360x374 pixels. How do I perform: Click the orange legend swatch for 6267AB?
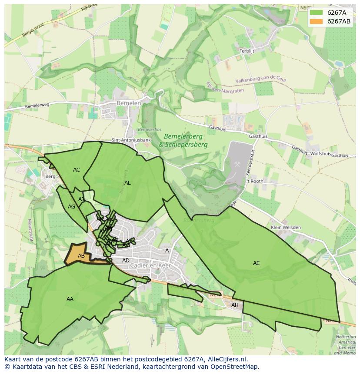tap(316, 21)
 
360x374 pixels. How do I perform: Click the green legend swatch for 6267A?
tap(316, 13)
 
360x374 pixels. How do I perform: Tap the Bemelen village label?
tap(129, 103)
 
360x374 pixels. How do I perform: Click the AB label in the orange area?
tap(81, 256)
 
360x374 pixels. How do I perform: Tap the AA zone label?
tap(70, 299)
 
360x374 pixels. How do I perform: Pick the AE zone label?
tap(257, 263)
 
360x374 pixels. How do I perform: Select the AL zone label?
tap(127, 183)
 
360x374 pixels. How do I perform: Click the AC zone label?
tap(77, 170)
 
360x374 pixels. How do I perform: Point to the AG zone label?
tap(72, 207)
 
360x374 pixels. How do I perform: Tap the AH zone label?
tap(235, 305)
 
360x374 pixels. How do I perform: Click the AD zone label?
tap(126, 261)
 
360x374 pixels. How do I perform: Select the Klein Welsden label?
tap(286, 227)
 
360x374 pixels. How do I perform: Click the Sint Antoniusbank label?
tap(131, 140)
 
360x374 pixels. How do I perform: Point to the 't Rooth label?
tap(255, 181)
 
